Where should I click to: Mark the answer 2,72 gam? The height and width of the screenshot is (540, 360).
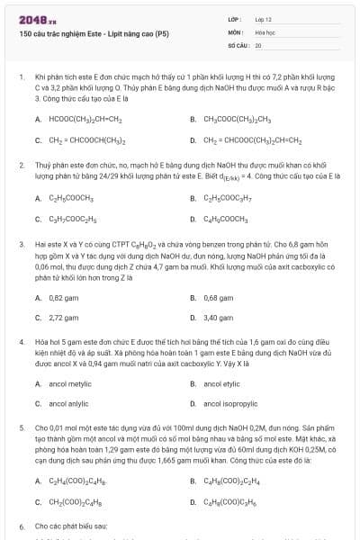coord(62,318)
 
